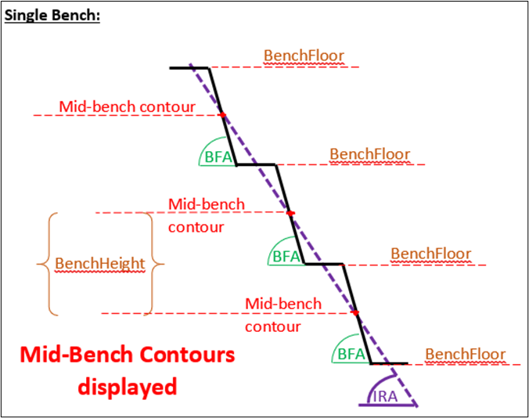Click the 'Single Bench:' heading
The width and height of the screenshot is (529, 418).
click(52, 16)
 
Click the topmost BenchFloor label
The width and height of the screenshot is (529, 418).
click(304, 56)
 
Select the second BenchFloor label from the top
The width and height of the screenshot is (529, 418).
click(369, 154)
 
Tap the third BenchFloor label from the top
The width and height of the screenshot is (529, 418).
click(430, 254)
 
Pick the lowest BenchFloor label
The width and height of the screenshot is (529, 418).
click(465, 354)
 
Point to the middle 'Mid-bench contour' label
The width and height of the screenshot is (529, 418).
click(207, 215)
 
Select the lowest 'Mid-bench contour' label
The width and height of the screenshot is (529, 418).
click(283, 315)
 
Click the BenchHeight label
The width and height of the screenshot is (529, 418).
click(99, 264)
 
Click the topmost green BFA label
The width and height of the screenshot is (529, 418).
click(218, 157)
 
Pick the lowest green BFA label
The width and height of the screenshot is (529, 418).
click(351, 355)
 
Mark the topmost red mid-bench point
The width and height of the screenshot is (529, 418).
click(222, 115)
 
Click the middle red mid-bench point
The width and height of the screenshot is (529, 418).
click(290, 213)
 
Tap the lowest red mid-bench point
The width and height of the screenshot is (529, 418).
click(356, 313)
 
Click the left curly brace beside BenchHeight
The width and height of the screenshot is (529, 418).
click(44, 264)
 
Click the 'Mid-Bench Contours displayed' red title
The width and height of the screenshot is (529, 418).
click(127, 370)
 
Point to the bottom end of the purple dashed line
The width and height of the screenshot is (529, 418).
click(416, 405)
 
